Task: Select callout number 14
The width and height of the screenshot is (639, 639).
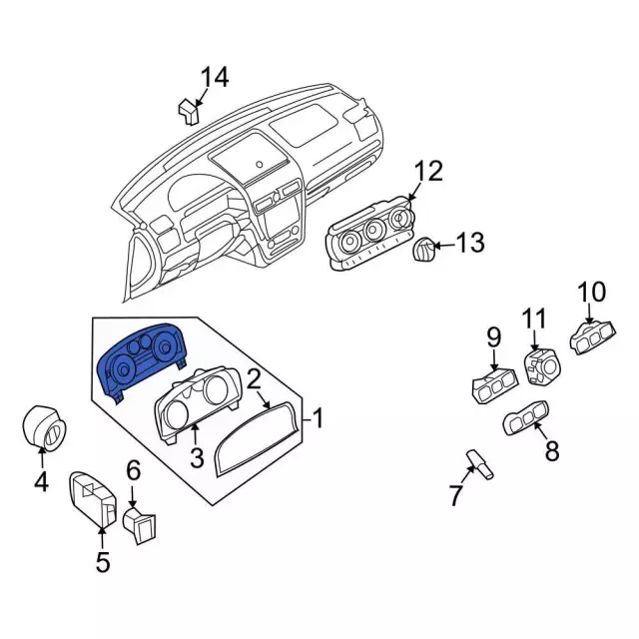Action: tap(214, 77)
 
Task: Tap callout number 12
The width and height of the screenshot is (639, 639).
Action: tap(427, 172)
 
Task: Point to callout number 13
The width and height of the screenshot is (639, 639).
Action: tap(469, 243)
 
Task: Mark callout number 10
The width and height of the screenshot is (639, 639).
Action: tap(591, 292)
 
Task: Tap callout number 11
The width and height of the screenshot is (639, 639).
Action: tap(535, 319)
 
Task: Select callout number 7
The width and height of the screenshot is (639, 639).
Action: tap(456, 494)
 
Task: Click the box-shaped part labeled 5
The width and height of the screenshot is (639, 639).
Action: tap(95, 499)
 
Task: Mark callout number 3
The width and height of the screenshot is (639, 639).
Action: tap(197, 458)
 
